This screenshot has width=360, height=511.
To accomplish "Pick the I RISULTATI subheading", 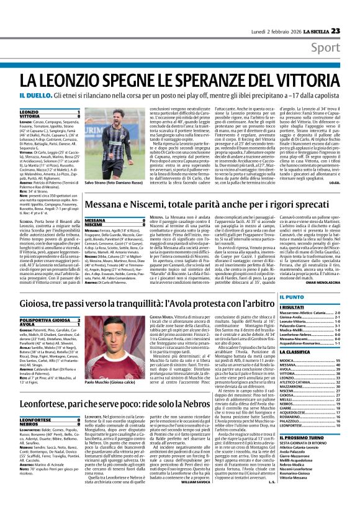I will tap(310, 307).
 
